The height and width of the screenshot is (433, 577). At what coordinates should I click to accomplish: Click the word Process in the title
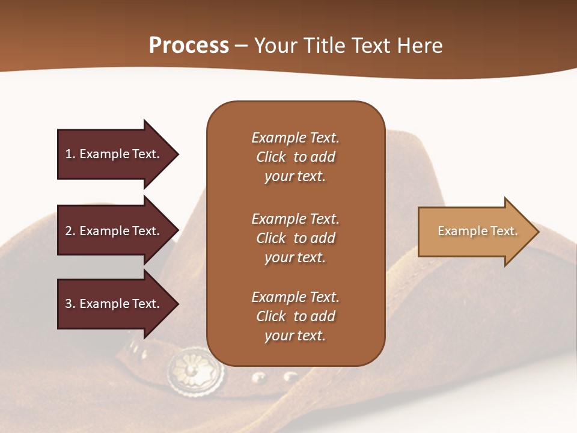pyautogui.click(x=189, y=46)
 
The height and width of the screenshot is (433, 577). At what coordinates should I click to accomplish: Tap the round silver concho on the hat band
pyautogui.click(x=195, y=369)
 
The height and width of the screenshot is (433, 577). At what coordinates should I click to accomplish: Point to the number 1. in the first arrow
pyautogui.click(x=70, y=154)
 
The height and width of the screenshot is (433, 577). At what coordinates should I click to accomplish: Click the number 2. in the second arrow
pyautogui.click(x=70, y=231)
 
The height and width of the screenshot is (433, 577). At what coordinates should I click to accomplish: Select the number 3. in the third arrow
pyautogui.click(x=70, y=304)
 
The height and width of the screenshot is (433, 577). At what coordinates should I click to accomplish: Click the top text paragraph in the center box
pyautogui.click(x=295, y=157)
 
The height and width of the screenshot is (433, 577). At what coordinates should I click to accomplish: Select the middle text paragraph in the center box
pyautogui.click(x=295, y=238)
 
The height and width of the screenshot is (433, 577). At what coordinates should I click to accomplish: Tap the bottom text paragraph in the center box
pyautogui.click(x=295, y=316)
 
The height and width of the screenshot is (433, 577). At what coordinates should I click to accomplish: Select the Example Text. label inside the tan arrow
pyautogui.click(x=477, y=231)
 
